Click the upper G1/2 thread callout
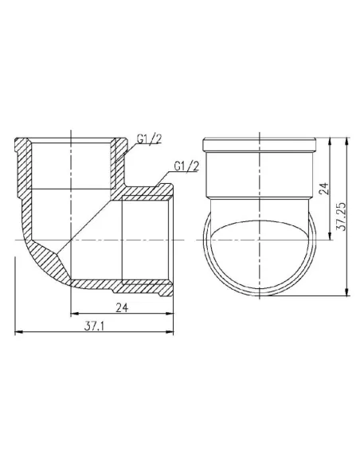coord(149,139)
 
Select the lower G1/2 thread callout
coord(186,166)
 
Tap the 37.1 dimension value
coord(94,326)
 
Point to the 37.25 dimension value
coord(342,217)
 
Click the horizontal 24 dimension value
coord(122,308)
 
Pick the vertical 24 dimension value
coord(324,189)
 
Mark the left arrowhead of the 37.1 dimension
coord(18,332)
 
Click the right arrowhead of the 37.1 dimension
coord(170,332)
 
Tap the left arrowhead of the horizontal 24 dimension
coord(74,313)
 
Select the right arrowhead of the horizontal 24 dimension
coord(170,313)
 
